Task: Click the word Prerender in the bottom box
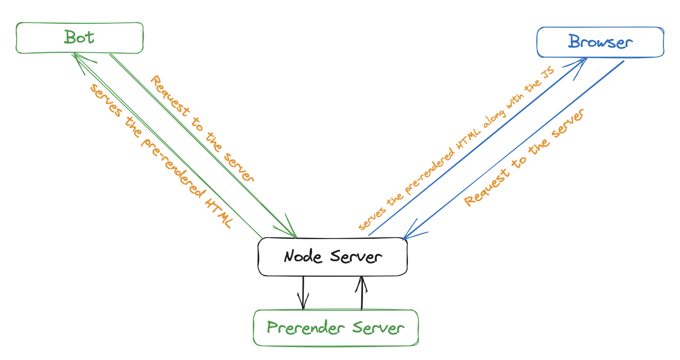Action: (x=306, y=328)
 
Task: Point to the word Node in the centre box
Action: (x=302, y=256)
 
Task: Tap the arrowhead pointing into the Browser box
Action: (x=577, y=67)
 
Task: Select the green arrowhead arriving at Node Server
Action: (x=287, y=227)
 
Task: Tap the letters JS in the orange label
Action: (x=548, y=72)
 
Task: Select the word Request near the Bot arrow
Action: (x=170, y=96)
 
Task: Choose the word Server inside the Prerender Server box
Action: (x=378, y=328)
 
